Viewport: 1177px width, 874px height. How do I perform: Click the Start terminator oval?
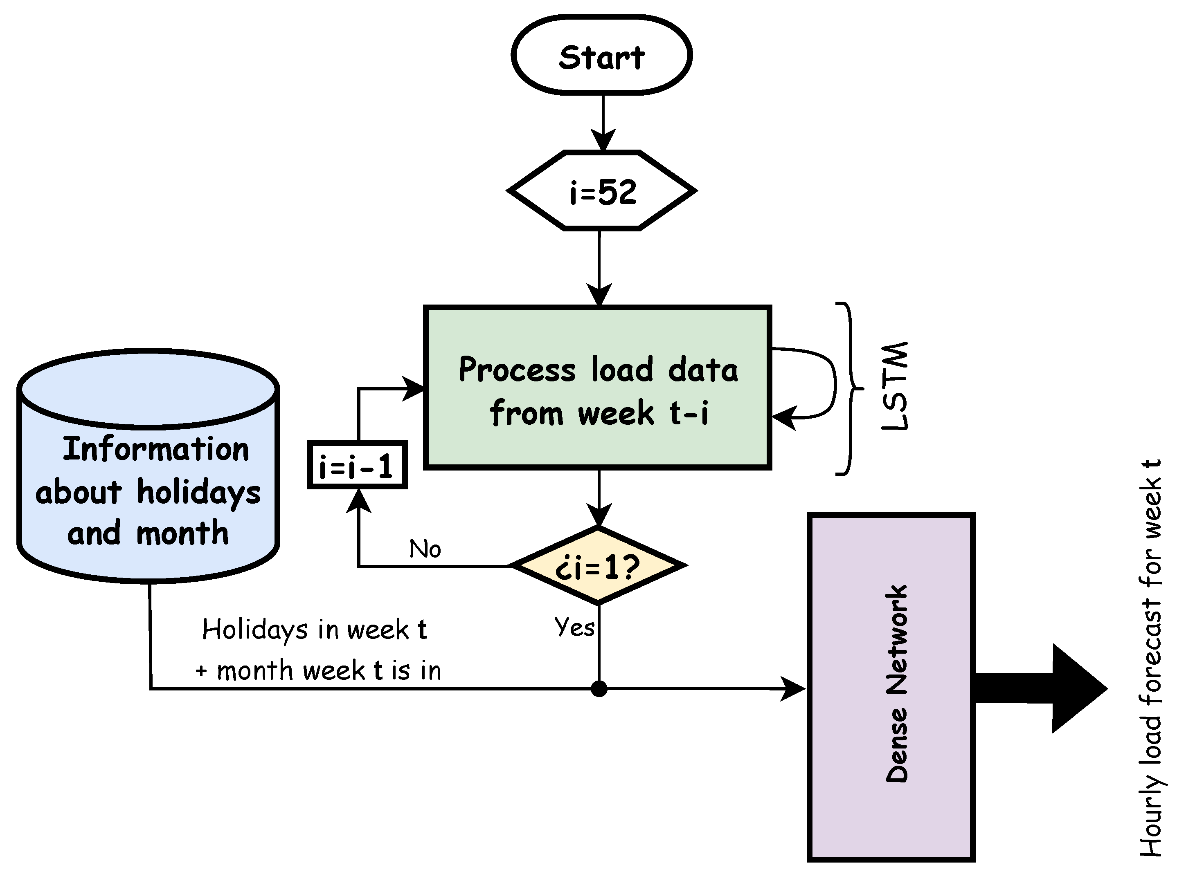[x=601, y=56]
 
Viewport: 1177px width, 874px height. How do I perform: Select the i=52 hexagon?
[x=601, y=191]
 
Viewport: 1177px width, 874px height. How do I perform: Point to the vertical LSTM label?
[x=895, y=386]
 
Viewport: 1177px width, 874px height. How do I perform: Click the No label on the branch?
[x=425, y=549]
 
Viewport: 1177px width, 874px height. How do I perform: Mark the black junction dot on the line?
[x=599, y=689]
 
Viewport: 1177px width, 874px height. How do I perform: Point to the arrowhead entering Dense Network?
[x=794, y=689]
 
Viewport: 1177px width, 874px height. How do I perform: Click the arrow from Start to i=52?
[x=603, y=122]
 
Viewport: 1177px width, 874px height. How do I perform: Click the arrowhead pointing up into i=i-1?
[x=358, y=500]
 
